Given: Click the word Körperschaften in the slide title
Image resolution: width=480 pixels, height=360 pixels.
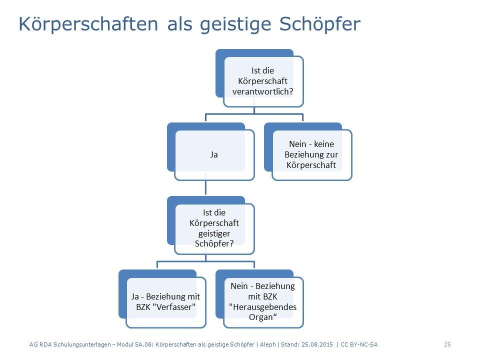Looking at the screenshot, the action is (x=88, y=24).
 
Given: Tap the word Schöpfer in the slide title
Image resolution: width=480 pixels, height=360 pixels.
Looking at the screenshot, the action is (x=320, y=24).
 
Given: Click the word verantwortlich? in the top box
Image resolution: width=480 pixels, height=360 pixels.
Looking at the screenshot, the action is (x=262, y=91).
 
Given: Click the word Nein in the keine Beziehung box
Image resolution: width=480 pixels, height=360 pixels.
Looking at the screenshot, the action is (x=297, y=144).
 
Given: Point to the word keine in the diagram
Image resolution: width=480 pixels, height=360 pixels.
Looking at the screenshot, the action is (x=324, y=144).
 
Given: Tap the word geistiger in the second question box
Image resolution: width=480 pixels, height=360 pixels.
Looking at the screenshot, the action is (x=214, y=234).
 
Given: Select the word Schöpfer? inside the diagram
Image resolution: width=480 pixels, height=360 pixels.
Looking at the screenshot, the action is (x=214, y=243).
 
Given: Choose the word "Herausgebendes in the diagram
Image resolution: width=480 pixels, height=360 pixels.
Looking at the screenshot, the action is (x=262, y=307).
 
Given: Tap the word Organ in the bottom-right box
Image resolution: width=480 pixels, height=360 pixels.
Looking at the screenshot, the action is (x=260, y=317).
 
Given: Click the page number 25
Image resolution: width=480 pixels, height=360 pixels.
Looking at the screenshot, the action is (x=447, y=344).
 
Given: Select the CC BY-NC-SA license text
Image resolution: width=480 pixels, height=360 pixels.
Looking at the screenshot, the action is (x=359, y=344).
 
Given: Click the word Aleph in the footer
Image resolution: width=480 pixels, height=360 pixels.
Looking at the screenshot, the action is (x=268, y=344).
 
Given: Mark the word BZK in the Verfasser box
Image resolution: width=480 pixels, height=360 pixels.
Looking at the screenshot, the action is (x=143, y=307).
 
